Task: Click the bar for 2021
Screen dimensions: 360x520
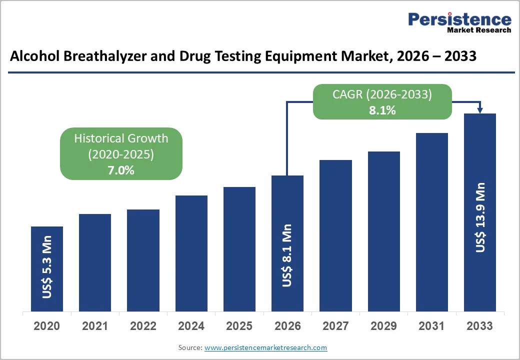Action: pyautogui.click(x=95, y=262)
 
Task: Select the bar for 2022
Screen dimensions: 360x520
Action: pyautogui.click(x=143, y=260)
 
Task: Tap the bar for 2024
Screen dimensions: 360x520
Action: pyautogui.click(x=191, y=253)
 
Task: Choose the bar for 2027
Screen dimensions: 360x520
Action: pyautogui.click(x=335, y=235)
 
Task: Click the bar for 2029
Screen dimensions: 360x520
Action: pyautogui.click(x=384, y=231)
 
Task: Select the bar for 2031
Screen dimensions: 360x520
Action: pyautogui.click(x=432, y=222)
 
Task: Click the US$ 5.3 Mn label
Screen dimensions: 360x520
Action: pyautogui.click(x=47, y=270)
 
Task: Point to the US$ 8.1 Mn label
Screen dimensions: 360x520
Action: pyautogui.click(x=287, y=255)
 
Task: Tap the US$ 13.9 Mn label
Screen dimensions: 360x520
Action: pyautogui.click(x=480, y=217)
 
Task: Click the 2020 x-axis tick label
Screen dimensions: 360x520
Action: pyautogui.click(x=47, y=326)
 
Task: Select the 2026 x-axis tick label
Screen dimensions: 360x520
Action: pyautogui.click(x=287, y=326)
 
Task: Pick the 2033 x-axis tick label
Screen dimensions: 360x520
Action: pyautogui.click(x=480, y=326)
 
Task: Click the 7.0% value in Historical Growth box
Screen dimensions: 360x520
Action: pyautogui.click(x=121, y=170)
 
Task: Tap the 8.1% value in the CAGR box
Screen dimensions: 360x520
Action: pyautogui.click(x=382, y=110)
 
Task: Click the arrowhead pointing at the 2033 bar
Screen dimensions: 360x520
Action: pyautogui.click(x=480, y=110)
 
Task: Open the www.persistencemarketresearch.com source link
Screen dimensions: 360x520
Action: pyautogui.click(x=265, y=347)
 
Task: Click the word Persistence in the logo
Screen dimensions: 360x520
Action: pyautogui.click(x=459, y=19)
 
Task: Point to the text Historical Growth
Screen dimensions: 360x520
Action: pyautogui.click(x=121, y=138)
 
